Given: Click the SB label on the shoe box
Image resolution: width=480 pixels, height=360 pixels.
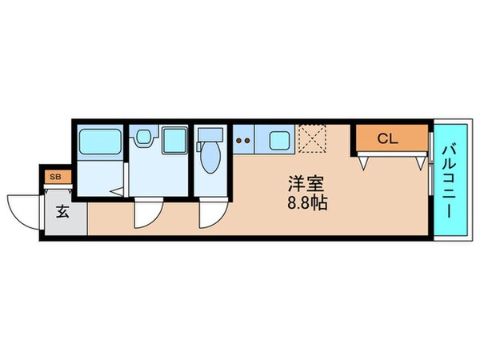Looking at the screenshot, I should (55, 177).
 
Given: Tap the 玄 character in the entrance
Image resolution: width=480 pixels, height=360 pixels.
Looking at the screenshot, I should (62, 212).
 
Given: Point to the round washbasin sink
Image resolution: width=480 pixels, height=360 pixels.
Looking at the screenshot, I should (144, 138).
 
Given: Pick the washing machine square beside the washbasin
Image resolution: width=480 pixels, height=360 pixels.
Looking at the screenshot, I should (172, 142).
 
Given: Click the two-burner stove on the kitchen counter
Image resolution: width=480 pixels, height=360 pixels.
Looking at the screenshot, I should (242, 142).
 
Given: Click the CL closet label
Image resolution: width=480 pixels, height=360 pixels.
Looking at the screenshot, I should (387, 138).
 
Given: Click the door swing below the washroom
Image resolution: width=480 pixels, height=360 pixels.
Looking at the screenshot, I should (149, 213).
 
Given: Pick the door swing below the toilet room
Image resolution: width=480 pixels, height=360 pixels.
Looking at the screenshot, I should (213, 213).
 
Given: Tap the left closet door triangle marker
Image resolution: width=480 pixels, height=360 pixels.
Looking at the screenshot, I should (364, 162).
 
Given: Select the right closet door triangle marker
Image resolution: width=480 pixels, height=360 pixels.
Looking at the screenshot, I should (420, 162).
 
